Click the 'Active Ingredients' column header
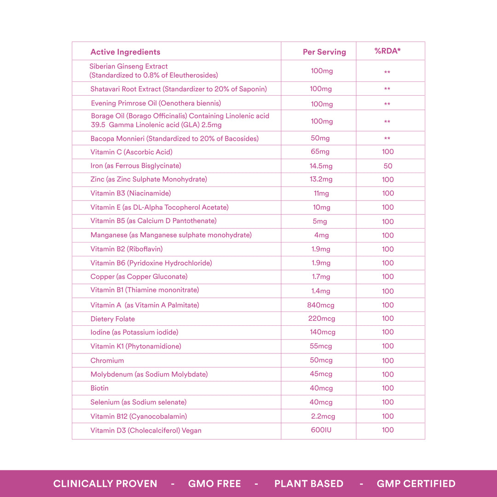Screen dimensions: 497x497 tap(125, 52)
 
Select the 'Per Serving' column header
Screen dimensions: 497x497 tap(324, 52)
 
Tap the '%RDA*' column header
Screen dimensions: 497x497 tap(387, 51)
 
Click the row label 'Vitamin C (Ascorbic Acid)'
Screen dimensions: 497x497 tap(131, 152)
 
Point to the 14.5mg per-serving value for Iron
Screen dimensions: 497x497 tap(321, 166)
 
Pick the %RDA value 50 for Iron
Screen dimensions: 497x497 tap(387, 166)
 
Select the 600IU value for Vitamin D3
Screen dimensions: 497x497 tap(321, 430)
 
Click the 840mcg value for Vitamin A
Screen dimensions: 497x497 tap(321, 305)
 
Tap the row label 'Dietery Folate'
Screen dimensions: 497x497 tap(112, 319)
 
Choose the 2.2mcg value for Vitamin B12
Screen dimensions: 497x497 tap(323, 416)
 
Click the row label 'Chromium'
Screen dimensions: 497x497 tap(107, 361)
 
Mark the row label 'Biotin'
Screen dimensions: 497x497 tap(99, 388)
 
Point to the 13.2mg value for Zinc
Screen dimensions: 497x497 tap(321, 179)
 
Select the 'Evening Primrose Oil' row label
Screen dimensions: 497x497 tap(156, 103)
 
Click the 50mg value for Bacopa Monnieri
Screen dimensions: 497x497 tap(320, 138)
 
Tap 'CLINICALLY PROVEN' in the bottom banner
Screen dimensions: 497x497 tap(105, 484)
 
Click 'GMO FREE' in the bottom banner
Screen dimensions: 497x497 tap(214, 484)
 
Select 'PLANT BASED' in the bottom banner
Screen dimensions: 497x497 tap(309, 484)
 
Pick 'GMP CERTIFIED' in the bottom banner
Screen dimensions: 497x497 tap(416, 484)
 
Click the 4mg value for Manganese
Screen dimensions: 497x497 tap(321, 235)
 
